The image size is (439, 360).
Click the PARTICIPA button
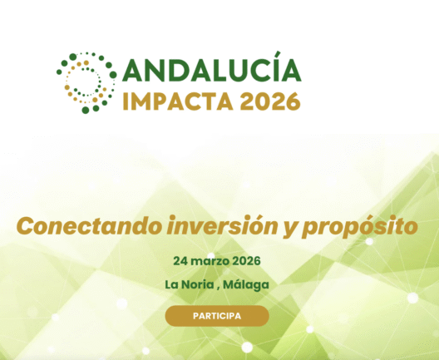[217, 316]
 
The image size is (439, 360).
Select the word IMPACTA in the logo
[178, 101]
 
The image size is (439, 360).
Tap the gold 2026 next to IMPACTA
[270, 101]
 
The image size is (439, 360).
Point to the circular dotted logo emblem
[86, 83]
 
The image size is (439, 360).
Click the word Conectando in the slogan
[89, 226]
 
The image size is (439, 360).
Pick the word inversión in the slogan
[223, 226]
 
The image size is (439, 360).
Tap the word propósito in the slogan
[360, 227]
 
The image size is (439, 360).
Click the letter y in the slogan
[290, 229]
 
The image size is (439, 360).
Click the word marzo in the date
[211, 261]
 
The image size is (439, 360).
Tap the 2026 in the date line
[247, 261]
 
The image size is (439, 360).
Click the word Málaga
[246, 285]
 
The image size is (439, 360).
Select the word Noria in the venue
[197, 284]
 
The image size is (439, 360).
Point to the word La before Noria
[171, 284]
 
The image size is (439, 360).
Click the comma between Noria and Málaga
[218, 289]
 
